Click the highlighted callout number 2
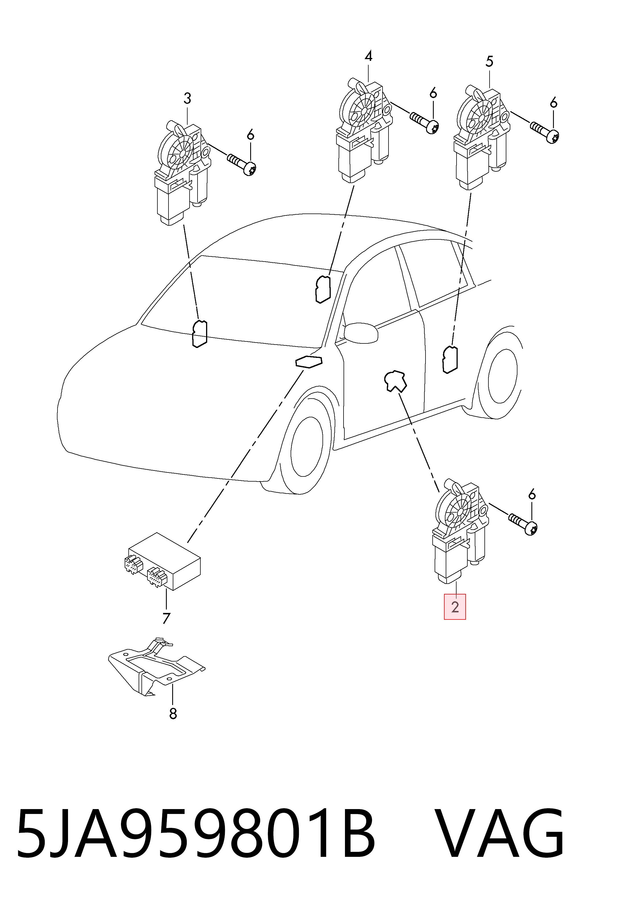click(455, 607)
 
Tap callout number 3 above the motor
click(187, 98)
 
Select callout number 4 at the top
click(369, 56)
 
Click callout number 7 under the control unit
click(166, 618)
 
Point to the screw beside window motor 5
click(544, 132)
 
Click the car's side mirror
click(361, 332)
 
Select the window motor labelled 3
click(182, 174)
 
